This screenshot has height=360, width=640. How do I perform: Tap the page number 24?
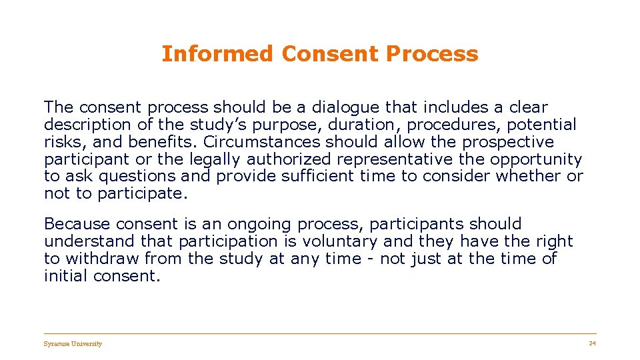[592, 343]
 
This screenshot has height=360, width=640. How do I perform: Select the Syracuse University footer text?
[73, 344]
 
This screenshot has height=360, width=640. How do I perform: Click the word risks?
[64, 142]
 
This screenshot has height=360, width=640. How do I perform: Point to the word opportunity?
[536, 159]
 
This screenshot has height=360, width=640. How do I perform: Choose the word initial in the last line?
[67, 276]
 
